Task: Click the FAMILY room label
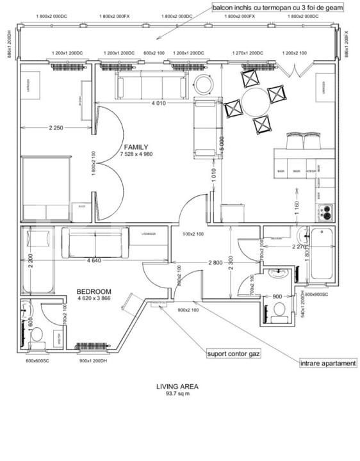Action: click(x=135, y=147)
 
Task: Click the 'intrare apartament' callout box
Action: click(x=328, y=364)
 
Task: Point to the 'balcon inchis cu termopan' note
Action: click(x=278, y=8)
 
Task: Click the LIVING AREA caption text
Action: click(x=177, y=386)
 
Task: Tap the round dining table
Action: click(x=257, y=102)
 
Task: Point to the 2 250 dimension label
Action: click(x=56, y=128)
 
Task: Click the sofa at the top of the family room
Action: click(x=147, y=83)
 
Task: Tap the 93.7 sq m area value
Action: click(x=177, y=393)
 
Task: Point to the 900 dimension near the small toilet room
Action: click(x=277, y=296)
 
